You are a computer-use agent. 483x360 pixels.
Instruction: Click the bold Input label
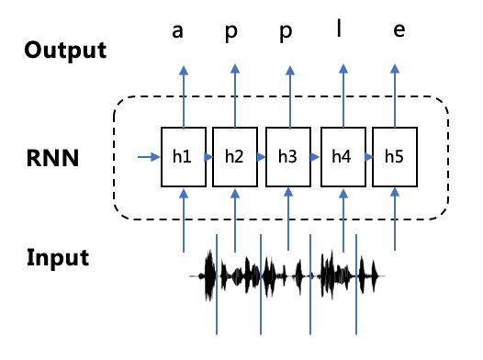(x=58, y=257)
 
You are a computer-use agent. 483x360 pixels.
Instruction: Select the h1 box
(x=183, y=157)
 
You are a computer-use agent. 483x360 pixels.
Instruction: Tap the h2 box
(x=235, y=157)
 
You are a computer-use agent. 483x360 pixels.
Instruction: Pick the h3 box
(x=288, y=157)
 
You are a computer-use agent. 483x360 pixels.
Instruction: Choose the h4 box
(x=343, y=157)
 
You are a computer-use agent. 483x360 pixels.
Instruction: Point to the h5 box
(x=395, y=157)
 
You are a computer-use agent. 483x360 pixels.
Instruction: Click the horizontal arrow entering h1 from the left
(x=147, y=157)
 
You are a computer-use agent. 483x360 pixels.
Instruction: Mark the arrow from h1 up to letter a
(x=183, y=96)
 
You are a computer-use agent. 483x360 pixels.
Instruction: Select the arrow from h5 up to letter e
(x=395, y=96)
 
